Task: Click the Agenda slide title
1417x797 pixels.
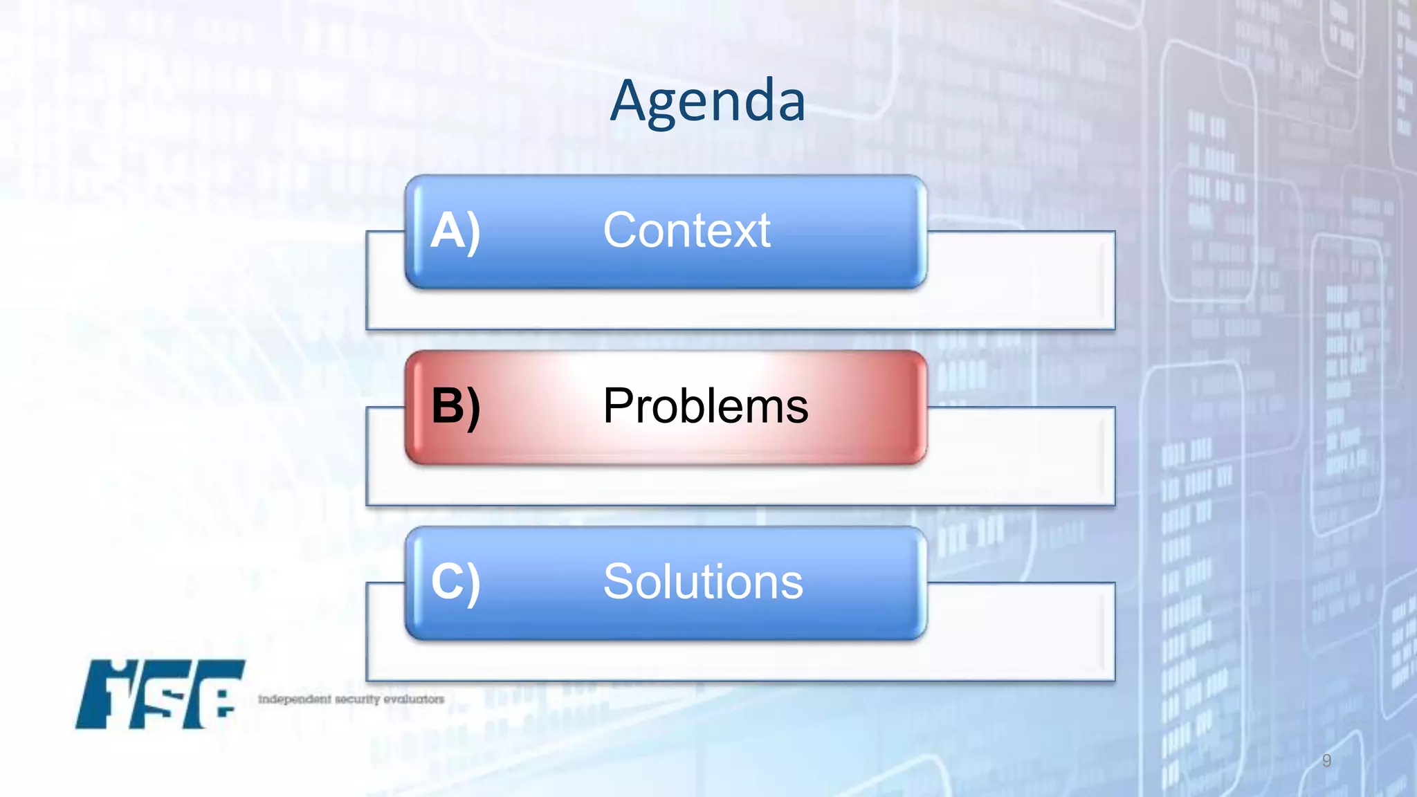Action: pyautogui.click(x=707, y=101)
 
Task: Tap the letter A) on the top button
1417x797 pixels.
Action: pyautogui.click(x=455, y=230)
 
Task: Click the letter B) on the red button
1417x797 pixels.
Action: pyautogui.click(x=455, y=406)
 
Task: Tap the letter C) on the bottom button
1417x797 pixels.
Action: pyautogui.click(x=455, y=582)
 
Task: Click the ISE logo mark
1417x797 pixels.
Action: pyautogui.click(x=161, y=694)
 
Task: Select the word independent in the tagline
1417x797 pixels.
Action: pyautogui.click(x=294, y=699)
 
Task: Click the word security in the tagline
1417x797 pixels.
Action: pyautogui.click(x=358, y=699)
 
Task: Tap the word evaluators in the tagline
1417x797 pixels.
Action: pyautogui.click(x=414, y=699)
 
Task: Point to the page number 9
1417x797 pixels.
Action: pyautogui.click(x=1326, y=760)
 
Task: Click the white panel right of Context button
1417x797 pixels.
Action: pyautogui.click(x=1021, y=280)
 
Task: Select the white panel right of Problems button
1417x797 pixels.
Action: pyautogui.click(x=1021, y=457)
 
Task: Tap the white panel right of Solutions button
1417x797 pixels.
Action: pyautogui.click(x=1021, y=632)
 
